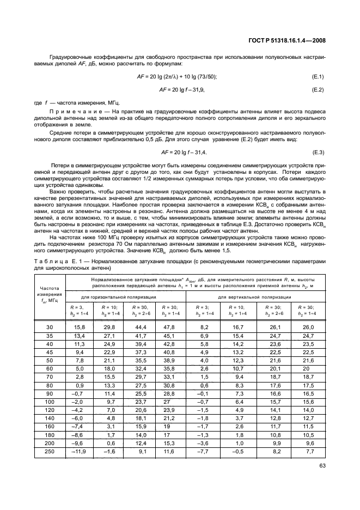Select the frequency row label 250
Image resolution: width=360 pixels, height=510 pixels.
coord(50,451)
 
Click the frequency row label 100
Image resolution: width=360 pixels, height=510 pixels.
coord(50,402)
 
